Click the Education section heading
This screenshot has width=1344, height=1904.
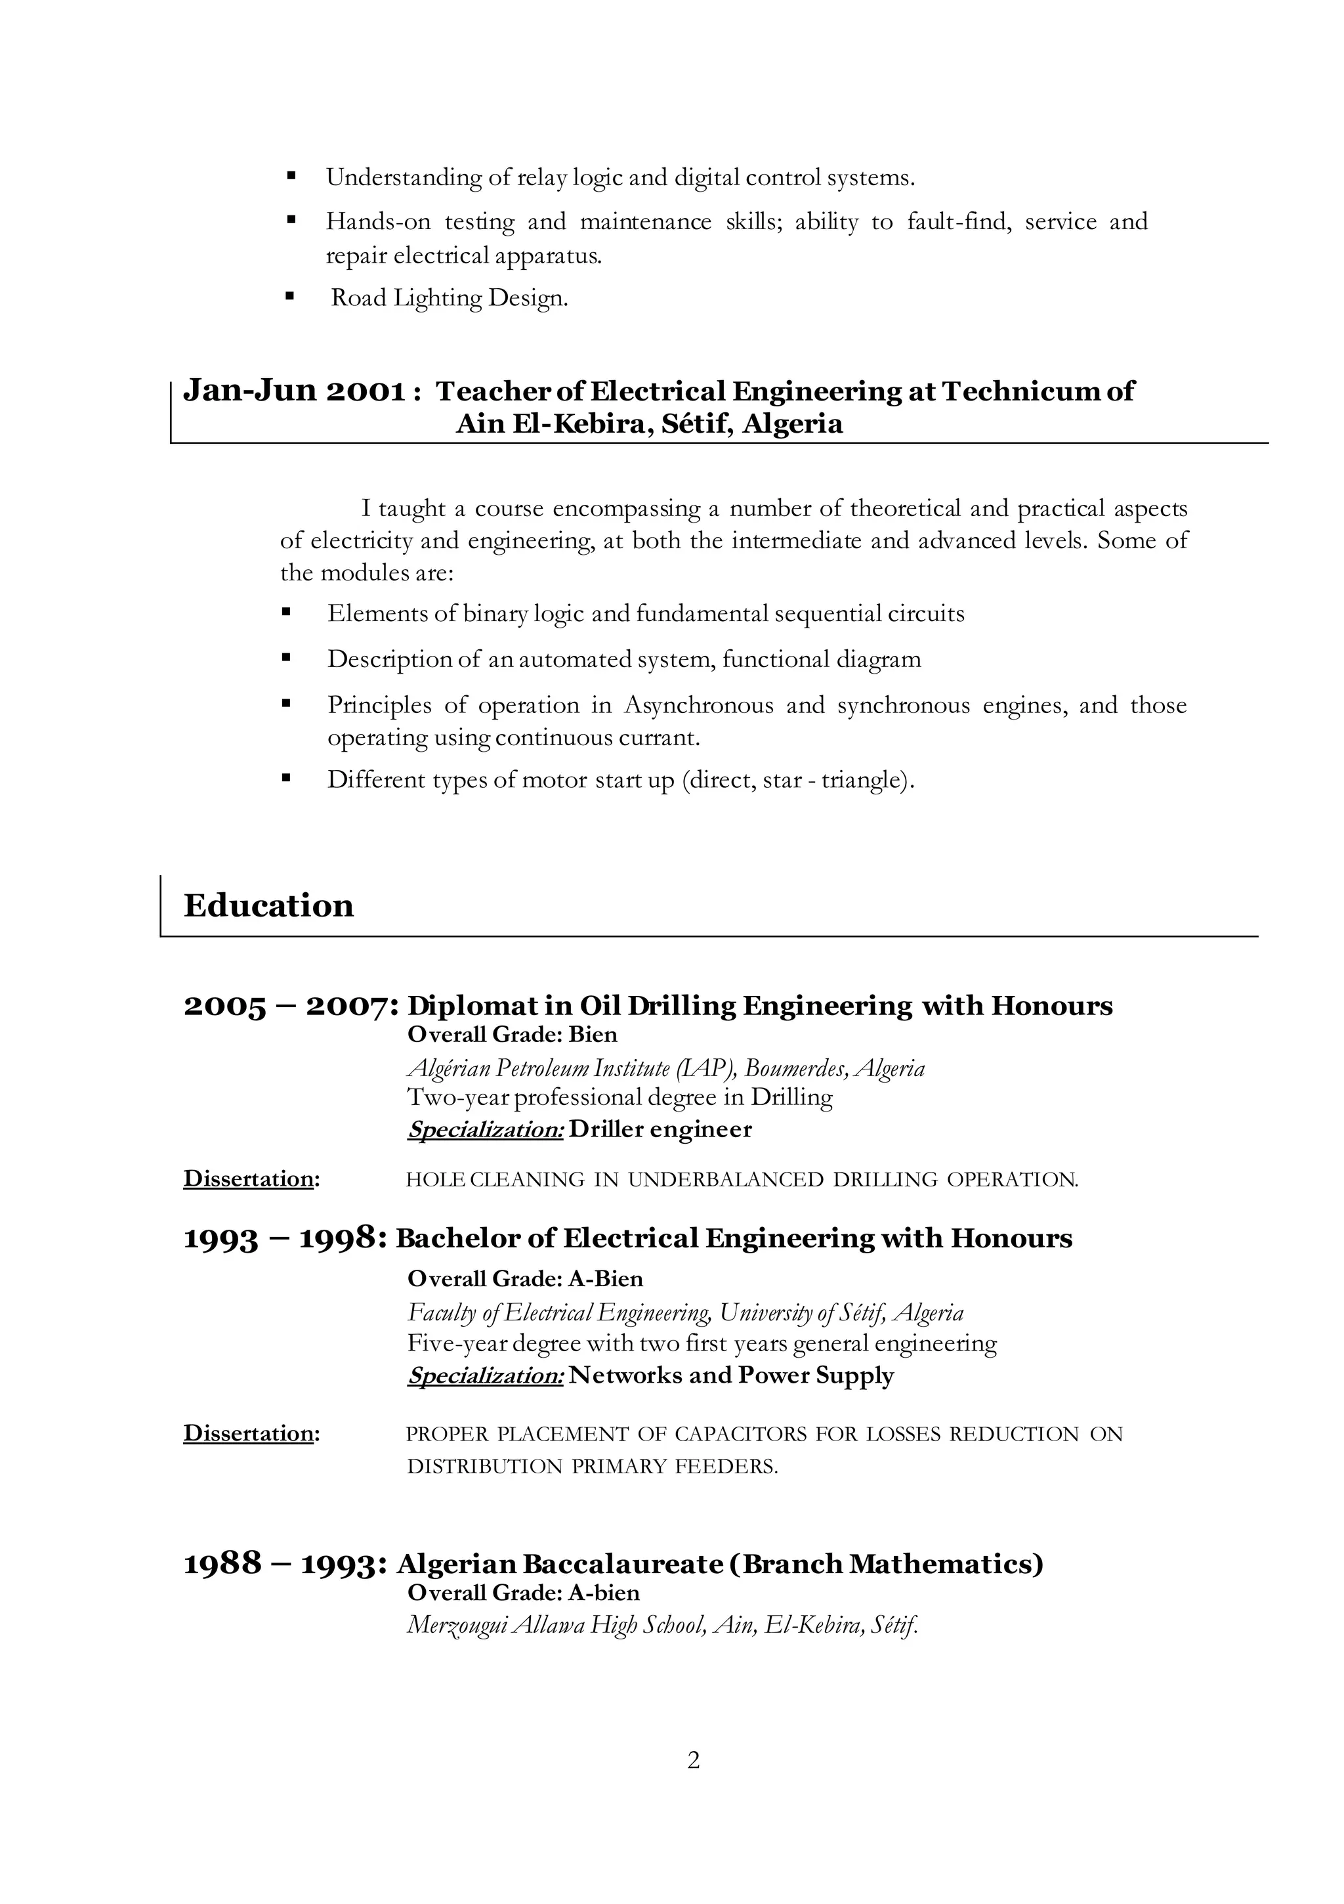point(268,905)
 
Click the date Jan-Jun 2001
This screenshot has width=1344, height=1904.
point(295,390)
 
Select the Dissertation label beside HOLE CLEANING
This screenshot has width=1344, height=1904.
point(248,1179)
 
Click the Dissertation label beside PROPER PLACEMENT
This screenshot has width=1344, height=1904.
point(248,1433)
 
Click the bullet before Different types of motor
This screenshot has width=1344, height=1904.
point(287,778)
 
